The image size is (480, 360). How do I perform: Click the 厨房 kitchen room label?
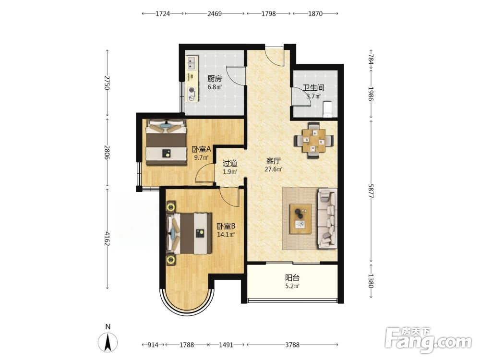(x=214, y=79)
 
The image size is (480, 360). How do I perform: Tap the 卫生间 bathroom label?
(x=313, y=87)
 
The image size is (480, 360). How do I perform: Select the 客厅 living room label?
(x=274, y=161)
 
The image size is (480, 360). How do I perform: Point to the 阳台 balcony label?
(x=292, y=278)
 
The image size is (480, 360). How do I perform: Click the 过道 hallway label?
(x=230, y=164)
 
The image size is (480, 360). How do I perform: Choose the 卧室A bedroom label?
(x=202, y=149)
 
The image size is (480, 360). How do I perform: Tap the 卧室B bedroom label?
(x=226, y=227)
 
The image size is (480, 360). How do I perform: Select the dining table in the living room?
(x=313, y=141)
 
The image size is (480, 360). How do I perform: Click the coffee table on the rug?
(x=300, y=219)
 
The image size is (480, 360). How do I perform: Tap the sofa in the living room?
(x=327, y=218)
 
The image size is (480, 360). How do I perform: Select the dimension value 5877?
(x=371, y=191)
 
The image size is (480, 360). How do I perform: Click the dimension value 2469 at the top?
(x=214, y=13)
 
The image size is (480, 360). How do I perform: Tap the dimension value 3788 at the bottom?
(x=292, y=345)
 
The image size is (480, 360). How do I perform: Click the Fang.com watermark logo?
(x=428, y=340)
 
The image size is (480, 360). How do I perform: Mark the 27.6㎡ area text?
(x=274, y=169)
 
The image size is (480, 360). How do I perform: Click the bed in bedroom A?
(x=166, y=142)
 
